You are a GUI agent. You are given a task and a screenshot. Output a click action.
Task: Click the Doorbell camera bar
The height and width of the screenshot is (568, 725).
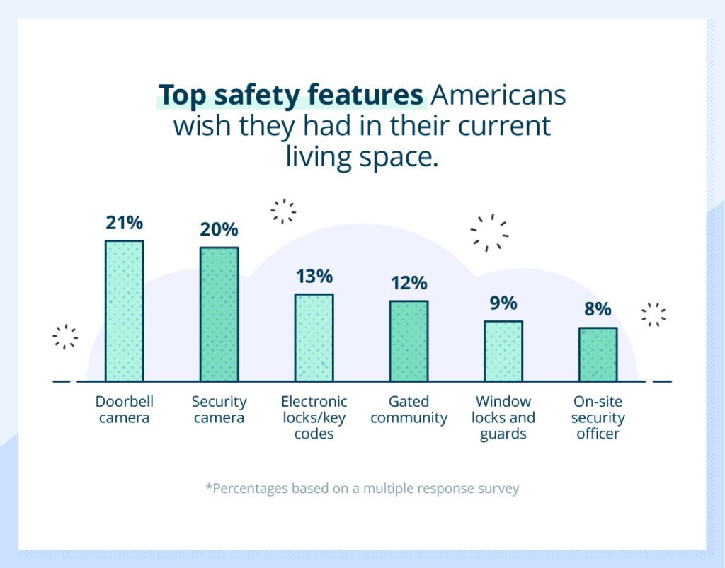(125, 311)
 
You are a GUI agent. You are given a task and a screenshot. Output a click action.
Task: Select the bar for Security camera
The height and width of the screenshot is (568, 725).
(219, 315)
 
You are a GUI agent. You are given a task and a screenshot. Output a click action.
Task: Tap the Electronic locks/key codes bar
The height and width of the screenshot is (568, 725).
(314, 338)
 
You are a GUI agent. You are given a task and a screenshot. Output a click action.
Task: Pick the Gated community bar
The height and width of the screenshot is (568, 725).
(409, 341)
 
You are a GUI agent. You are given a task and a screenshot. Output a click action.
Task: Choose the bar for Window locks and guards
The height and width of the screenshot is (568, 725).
(503, 352)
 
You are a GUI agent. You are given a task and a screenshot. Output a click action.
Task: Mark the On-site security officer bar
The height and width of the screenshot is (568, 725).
(598, 354)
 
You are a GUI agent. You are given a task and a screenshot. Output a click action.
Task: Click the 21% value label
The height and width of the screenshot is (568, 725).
(125, 223)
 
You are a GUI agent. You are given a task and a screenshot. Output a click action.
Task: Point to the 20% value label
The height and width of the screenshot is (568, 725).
(219, 230)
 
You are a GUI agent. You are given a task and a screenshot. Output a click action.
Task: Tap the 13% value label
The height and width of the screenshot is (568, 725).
(314, 277)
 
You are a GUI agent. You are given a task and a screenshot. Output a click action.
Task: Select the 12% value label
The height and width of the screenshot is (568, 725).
(409, 283)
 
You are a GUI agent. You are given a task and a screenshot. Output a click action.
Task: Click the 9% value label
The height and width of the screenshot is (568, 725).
(503, 303)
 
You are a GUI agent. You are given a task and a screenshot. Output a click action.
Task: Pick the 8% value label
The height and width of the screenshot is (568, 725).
(598, 310)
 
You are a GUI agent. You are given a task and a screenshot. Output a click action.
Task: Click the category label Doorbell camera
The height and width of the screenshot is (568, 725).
(125, 410)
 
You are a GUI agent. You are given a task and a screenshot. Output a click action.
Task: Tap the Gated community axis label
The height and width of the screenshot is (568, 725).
(409, 410)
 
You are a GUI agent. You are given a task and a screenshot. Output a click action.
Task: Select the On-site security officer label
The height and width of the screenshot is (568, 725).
(598, 417)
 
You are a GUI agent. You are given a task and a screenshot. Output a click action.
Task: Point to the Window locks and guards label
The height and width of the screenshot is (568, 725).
(503, 417)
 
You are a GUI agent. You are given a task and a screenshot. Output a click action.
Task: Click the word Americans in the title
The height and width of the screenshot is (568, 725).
(497, 95)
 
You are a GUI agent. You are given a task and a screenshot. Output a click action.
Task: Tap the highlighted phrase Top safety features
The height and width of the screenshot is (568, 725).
(290, 95)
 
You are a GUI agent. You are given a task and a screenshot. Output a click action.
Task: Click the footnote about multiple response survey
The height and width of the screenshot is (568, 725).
(362, 489)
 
